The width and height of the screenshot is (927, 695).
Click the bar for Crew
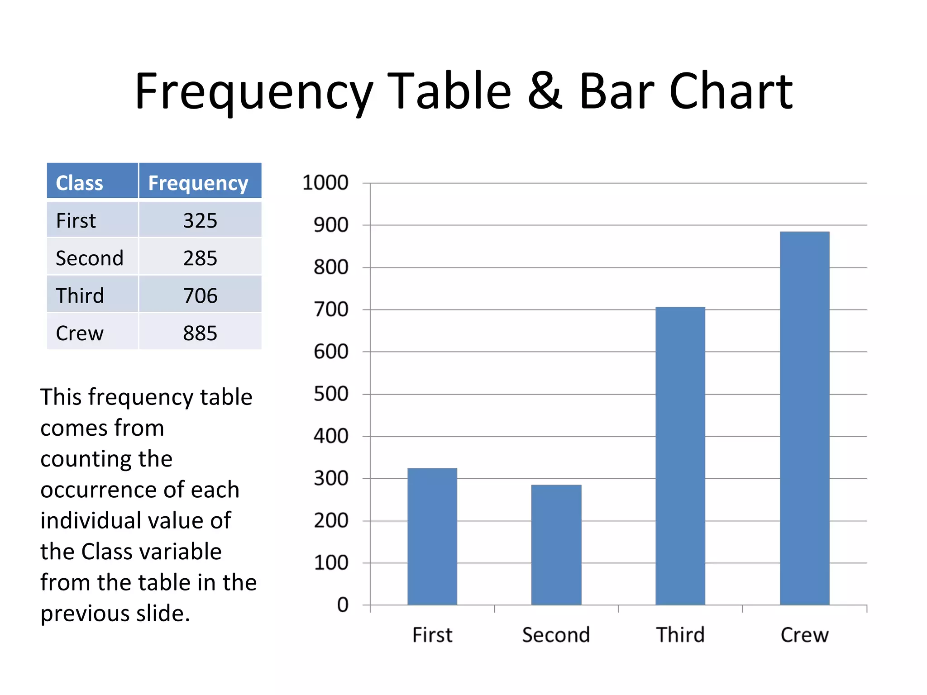pyautogui.click(x=804, y=418)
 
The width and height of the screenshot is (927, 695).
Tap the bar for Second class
pyautogui.click(x=556, y=545)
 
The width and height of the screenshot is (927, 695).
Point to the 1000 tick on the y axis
pyautogui.click(x=325, y=183)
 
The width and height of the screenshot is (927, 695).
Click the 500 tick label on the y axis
pyautogui.click(x=331, y=394)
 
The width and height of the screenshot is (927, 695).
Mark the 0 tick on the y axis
pyautogui.click(x=343, y=605)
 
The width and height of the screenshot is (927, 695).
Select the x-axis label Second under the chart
pyautogui.click(x=556, y=635)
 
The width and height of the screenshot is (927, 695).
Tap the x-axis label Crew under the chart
pyautogui.click(x=804, y=635)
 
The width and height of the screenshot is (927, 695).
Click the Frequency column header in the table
pyautogui.click(x=198, y=183)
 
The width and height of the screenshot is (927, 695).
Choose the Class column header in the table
pyautogui.click(x=79, y=183)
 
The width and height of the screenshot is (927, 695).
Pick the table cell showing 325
pyautogui.click(x=200, y=221)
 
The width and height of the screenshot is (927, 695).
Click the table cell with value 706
pyautogui.click(x=200, y=296)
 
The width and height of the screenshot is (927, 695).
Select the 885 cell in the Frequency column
pyautogui.click(x=200, y=333)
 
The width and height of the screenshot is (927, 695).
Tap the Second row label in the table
pyautogui.click(x=90, y=258)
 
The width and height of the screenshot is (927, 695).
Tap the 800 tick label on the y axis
pyautogui.click(x=331, y=267)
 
